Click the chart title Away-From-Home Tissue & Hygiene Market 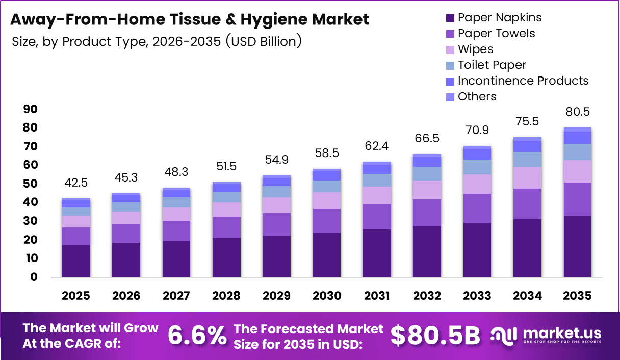coord(189,20)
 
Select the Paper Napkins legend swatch coord(450,18)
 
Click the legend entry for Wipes coord(475,49)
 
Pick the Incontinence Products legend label coord(523,81)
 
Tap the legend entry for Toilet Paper coord(492,65)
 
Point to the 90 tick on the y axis coord(31,109)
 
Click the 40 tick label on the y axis coord(31,202)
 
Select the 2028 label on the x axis coord(226,296)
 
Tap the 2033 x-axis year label coord(477,296)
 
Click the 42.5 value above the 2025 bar coord(76,183)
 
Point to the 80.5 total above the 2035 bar coord(578,112)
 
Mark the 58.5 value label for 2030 coord(327,153)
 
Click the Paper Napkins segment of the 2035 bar coord(578,246)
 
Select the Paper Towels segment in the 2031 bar coord(377,217)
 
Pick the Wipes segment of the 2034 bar coord(527,178)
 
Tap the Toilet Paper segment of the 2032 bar coord(427,173)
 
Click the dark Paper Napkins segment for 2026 coord(126,260)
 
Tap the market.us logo coord(546,335)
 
